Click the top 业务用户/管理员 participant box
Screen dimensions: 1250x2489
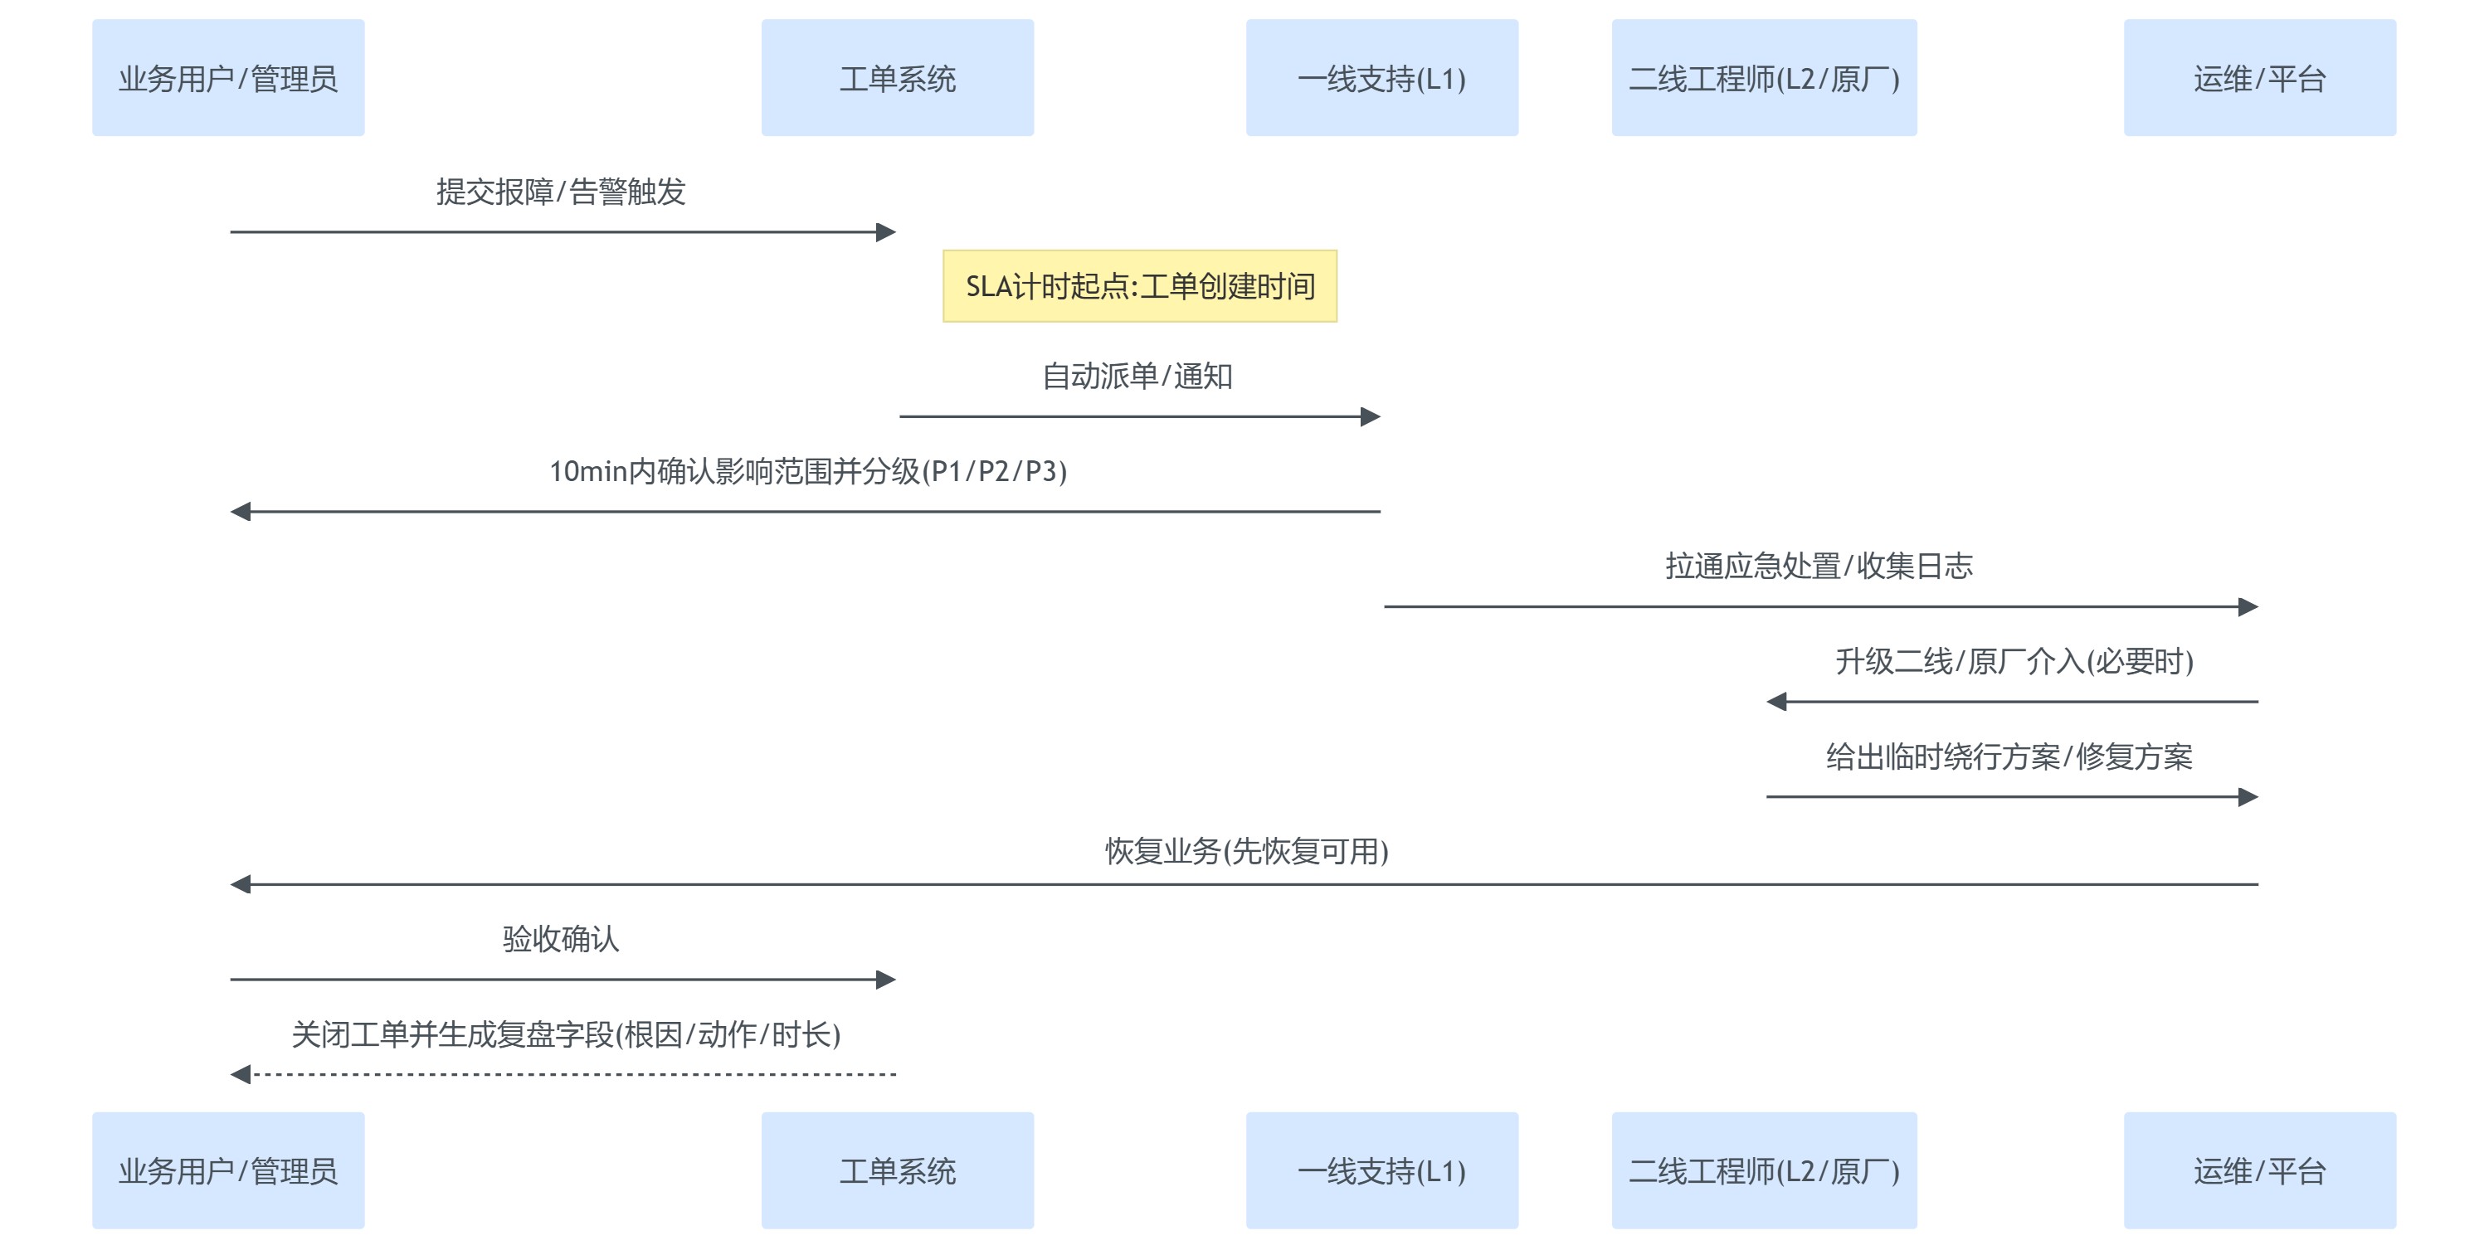pos(228,77)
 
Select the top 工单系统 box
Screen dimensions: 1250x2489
pos(897,77)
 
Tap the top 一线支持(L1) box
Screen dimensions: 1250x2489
pos(1381,77)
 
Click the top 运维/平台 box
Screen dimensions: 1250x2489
pos(2259,77)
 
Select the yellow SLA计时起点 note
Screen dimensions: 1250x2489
pos(1139,286)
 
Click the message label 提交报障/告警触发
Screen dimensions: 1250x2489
pos(560,192)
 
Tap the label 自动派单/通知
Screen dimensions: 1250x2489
pos(1137,376)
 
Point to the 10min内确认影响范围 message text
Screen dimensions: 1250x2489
pos(808,470)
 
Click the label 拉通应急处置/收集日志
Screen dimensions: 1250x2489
pos(1819,565)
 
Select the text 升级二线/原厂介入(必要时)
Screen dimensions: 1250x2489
pos(2014,661)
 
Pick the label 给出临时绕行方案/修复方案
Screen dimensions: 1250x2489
pos(2009,756)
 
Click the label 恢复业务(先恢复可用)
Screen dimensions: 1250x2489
pos(1246,850)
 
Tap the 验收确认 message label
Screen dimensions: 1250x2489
pos(560,938)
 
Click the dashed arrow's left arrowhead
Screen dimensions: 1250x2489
pos(241,1074)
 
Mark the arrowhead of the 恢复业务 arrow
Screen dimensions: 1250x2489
pos(241,884)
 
